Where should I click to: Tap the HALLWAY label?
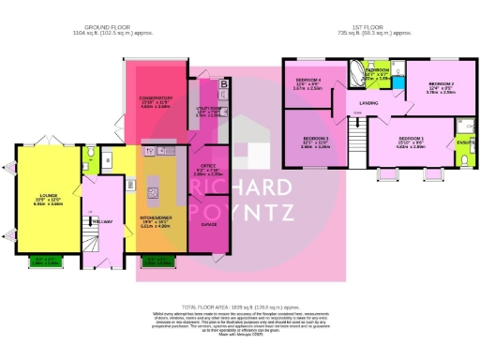pyautogui.click(x=102, y=221)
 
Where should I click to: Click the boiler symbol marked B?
pyautogui.click(x=223, y=85)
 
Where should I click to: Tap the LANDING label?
pyautogui.click(x=368, y=102)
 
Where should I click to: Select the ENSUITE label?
pyautogui.click(x=465, y=142)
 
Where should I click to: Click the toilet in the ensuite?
pyautogui.click(x=465, y=160)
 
